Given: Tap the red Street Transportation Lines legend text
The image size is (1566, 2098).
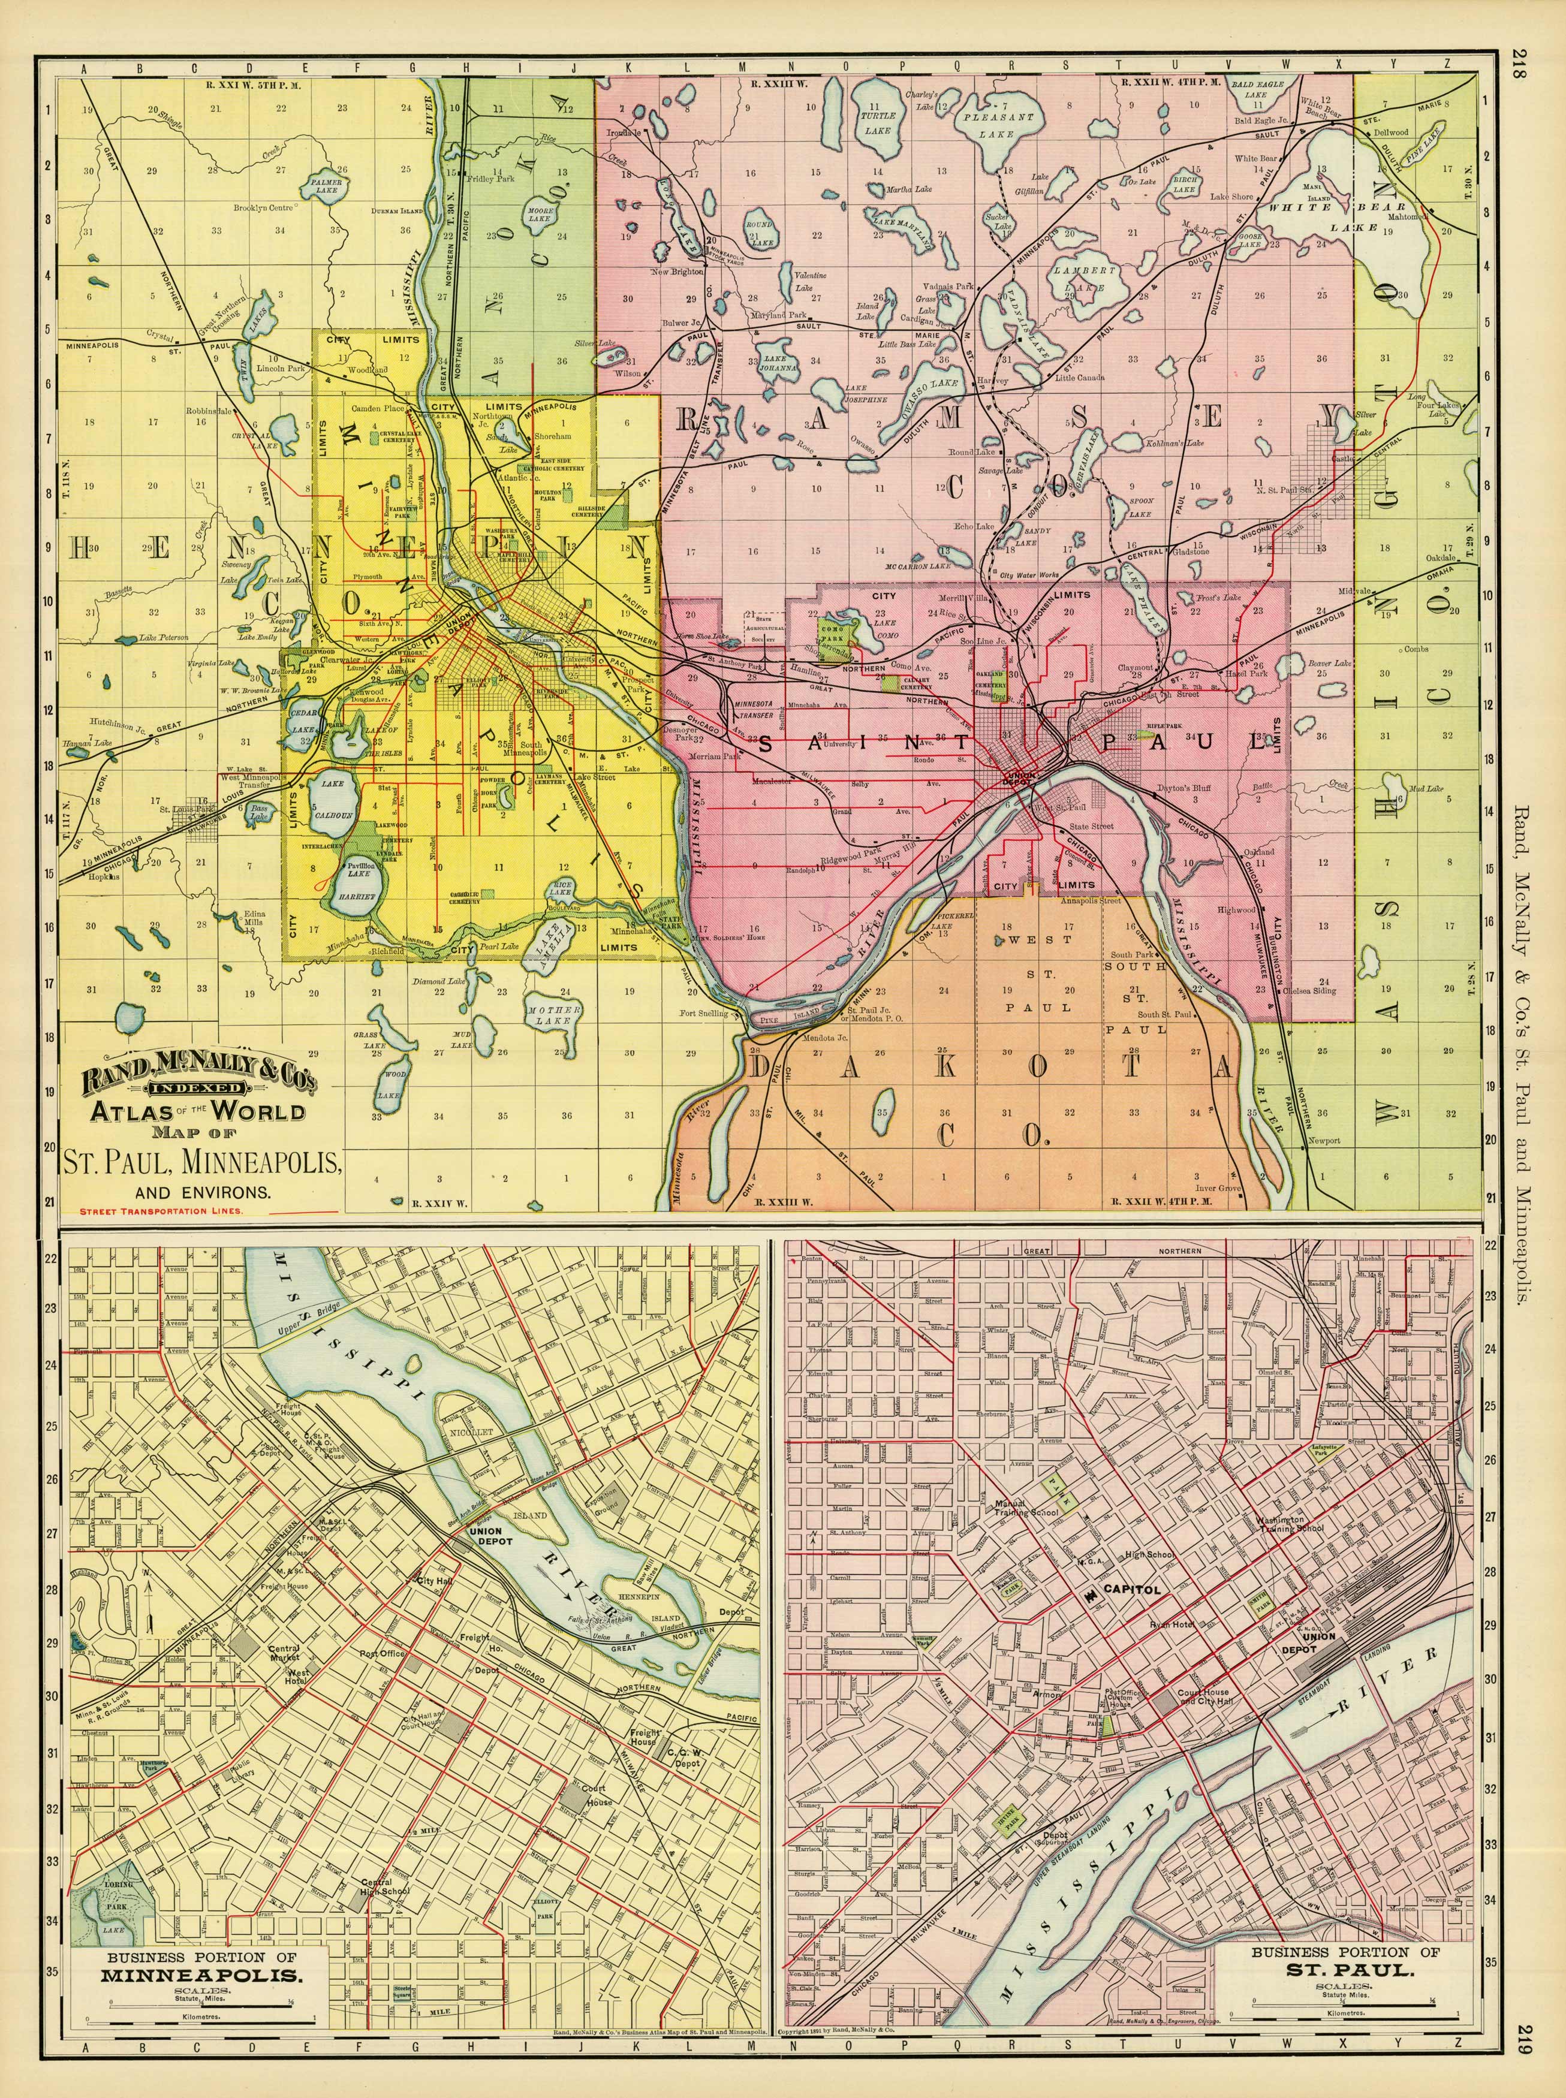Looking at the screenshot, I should tap(161, 1211).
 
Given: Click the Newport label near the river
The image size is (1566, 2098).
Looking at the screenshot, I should tap(1324, 1141).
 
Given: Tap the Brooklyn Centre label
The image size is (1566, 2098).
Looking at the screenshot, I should tap(264, 207).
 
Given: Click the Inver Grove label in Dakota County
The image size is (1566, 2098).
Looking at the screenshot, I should tap(1216, 1186).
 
